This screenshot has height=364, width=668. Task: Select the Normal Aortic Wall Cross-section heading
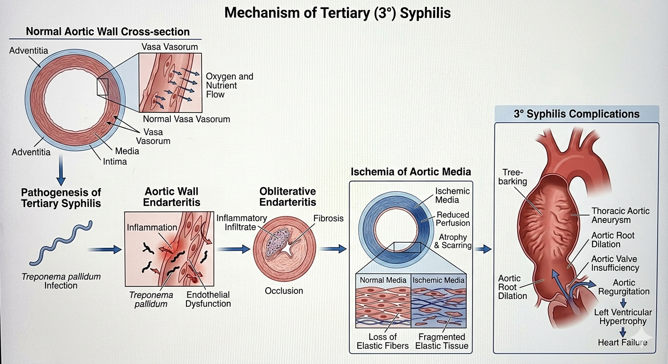point(108,32)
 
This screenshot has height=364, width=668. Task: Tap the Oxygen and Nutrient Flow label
point(230,85)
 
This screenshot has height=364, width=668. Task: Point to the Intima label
point(115,162)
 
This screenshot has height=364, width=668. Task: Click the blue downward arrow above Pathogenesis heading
point(61,170)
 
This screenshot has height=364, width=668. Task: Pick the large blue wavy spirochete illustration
point(61,243)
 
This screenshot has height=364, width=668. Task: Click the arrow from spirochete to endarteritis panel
point(105,249)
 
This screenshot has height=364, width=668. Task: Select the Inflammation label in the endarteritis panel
point(152,227)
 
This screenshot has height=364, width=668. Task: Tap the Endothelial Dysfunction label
point(208,299)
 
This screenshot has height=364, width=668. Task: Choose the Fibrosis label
point(328,218)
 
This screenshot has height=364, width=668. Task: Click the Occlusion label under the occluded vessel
point(284,291)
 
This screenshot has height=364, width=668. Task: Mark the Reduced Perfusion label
point(453,219)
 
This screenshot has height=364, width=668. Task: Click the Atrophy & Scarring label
point(453,241)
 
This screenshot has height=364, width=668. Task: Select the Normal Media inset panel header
point(383,280)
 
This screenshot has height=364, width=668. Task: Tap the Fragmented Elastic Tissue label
point(442,341)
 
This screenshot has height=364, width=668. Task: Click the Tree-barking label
point(513,177)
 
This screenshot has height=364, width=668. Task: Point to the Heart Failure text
point(622,343)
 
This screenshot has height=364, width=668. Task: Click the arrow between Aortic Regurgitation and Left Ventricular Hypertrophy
point(623,303)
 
